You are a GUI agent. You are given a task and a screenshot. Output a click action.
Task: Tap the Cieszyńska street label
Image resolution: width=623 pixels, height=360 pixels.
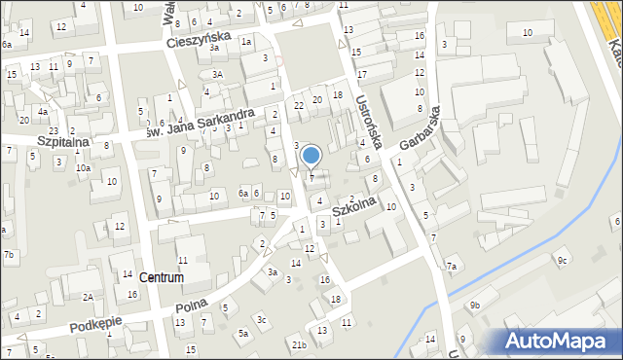(198, 39)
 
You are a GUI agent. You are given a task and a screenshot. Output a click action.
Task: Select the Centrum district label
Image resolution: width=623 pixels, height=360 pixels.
(162, 277)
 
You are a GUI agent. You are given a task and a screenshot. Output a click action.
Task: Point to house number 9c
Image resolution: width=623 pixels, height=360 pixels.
(562, 260)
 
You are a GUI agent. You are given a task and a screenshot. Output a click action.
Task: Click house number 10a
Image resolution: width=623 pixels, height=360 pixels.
(84, 167)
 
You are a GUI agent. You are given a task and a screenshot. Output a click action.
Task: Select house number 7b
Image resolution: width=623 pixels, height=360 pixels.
(9, 255)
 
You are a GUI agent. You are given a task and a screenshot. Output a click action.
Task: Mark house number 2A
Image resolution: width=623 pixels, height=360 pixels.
(87, 297)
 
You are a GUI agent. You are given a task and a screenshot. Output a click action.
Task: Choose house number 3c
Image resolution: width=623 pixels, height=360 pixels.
(261, 319)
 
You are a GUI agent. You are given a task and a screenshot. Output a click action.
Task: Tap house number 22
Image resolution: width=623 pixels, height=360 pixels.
(300, 104)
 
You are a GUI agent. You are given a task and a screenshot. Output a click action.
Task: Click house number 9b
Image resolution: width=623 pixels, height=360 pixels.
(474, 306)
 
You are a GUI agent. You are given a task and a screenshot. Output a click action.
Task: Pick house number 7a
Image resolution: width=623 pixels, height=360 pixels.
(451, 266)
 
